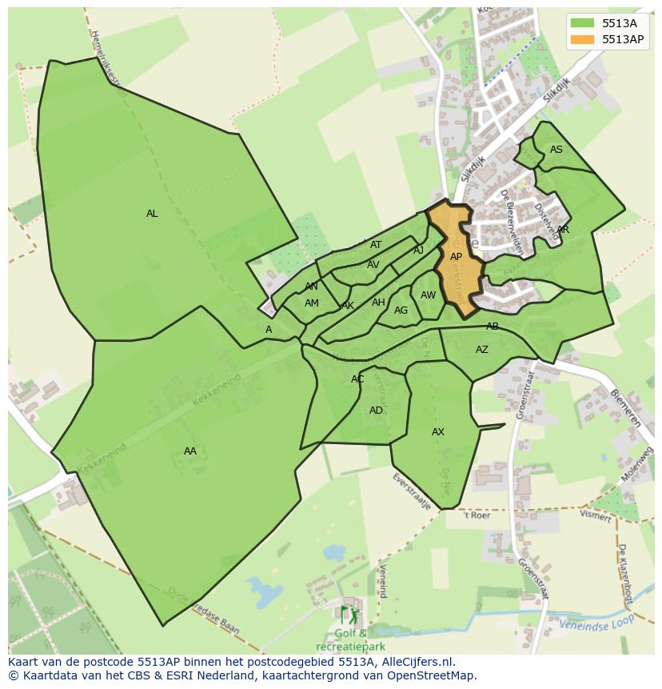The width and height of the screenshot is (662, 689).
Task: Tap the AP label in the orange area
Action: pos(456,257)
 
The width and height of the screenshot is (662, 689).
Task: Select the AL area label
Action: pos(152,214)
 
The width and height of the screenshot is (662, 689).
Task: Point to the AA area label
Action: pos(189,451)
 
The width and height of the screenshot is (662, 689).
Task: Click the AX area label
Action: pos(438,432)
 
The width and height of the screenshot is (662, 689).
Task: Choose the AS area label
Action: pos(556,150)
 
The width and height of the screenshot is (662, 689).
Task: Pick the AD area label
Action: pos(376,411)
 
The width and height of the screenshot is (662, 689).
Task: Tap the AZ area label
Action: pos(482,350)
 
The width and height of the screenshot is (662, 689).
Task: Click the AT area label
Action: pos(376,245)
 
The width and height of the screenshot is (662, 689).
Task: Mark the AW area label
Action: pos(429,295)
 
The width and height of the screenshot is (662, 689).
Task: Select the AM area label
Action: pos(312,303)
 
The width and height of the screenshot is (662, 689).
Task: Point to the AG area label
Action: pos(401,310)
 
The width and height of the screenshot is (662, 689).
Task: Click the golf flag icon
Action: pos(350,615)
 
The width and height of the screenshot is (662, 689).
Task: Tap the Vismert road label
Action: pos(596,515)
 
